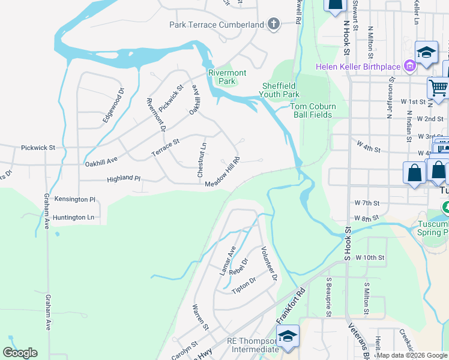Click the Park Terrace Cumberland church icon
pos(273,25)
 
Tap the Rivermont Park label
pos(227,77)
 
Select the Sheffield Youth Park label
pos(280,90)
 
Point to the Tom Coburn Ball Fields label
pos(313,110)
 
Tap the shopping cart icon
pos(439,88)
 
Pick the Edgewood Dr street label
pos(113,106)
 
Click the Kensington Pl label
pos(75,199)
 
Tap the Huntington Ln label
pos(74,217)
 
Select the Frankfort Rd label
pos(292,305)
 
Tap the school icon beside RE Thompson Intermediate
pos(289,336)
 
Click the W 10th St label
pos(370,257)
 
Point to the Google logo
pos(20,353)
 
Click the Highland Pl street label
pos(123,179)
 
